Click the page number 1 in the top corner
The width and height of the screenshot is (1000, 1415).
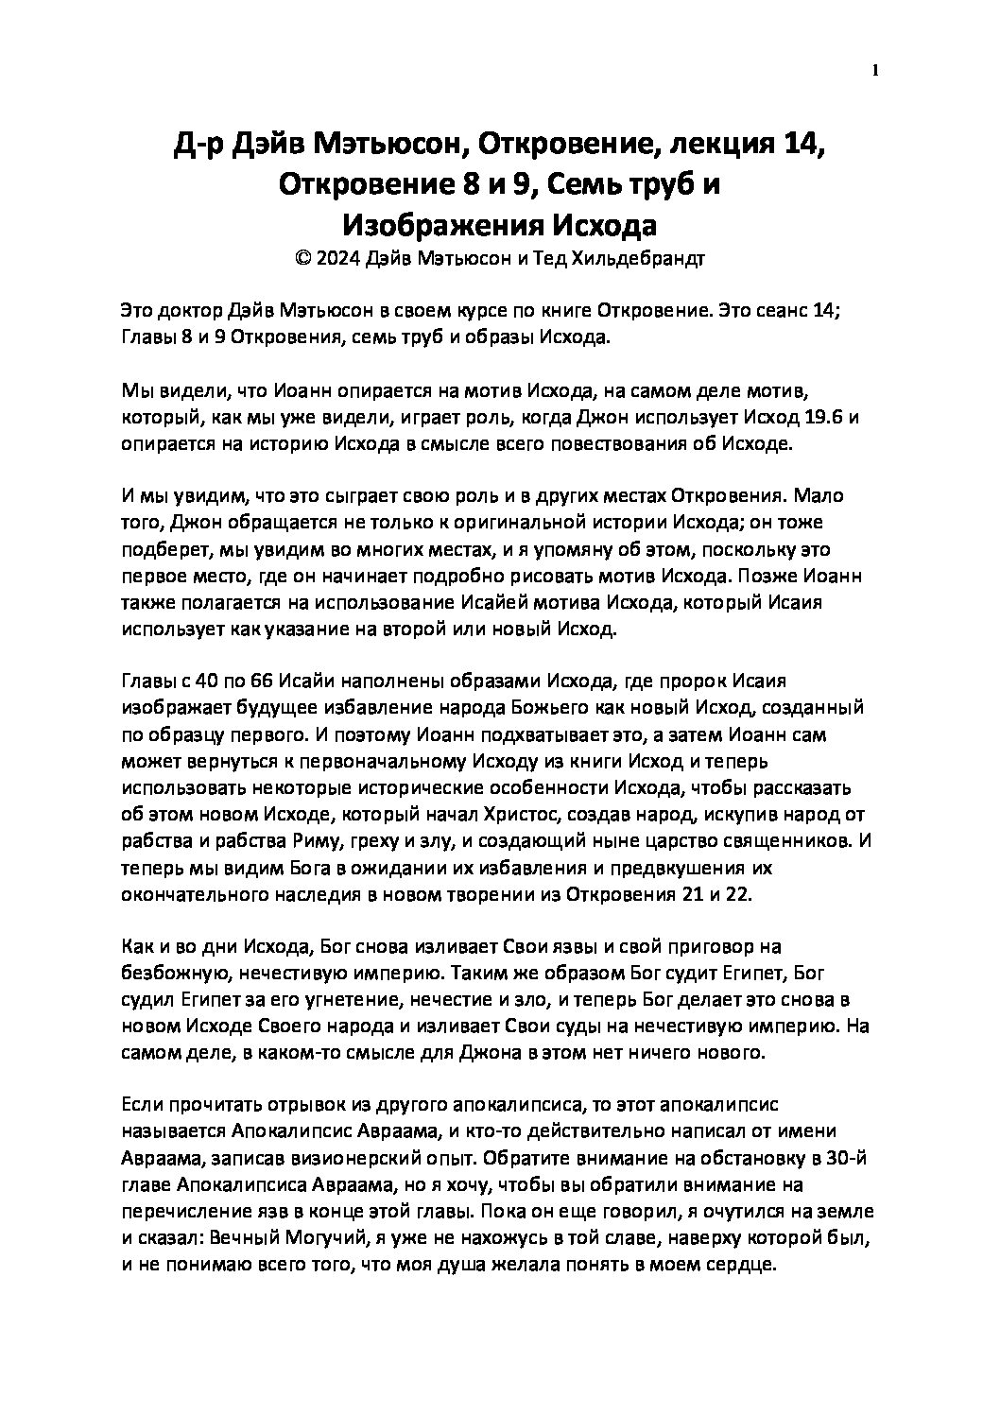[x=874, y=70]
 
